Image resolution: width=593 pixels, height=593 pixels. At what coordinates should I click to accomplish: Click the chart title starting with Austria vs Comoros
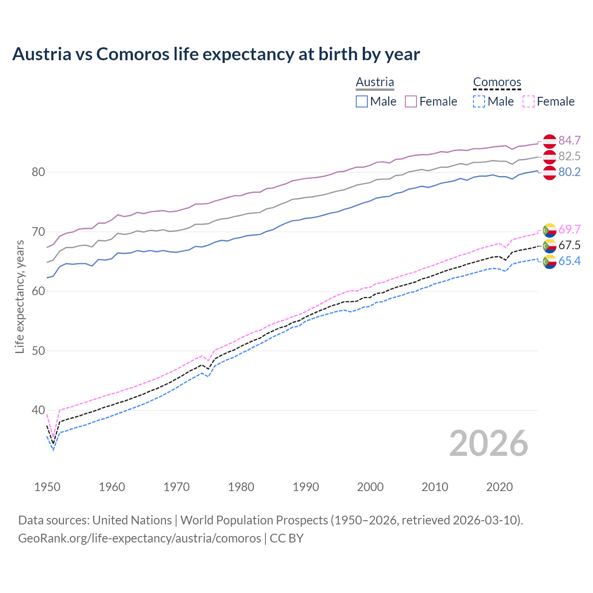coord(216,54)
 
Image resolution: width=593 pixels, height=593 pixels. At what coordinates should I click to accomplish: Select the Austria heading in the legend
coord(375,82)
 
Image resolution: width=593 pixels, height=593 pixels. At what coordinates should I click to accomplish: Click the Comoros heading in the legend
coord(497,82)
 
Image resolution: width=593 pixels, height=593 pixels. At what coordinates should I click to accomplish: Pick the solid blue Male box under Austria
coord(362,101)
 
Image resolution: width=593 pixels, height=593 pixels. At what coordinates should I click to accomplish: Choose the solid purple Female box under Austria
coord(411,101)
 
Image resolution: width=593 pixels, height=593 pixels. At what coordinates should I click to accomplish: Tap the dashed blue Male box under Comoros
coord(479,101)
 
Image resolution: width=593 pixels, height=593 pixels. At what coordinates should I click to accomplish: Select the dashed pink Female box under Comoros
coord(529,101)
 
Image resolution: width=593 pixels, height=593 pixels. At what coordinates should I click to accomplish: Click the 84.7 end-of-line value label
coord(569,140)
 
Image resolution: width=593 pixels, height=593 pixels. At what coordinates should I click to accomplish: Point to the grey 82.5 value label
coord(569,156)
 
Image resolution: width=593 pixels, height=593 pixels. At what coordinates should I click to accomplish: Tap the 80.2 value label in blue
coord(569,172)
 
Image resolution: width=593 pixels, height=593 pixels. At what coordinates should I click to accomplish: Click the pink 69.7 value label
coord(569,229)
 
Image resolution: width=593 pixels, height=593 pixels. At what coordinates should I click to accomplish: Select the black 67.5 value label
coord(569,245)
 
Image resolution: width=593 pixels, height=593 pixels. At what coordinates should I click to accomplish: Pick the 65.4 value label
coord(569,261)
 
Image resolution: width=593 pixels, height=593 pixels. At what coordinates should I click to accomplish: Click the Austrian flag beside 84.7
coord(549,141)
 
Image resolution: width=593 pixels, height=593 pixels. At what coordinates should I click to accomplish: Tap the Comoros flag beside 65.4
coord(549,262)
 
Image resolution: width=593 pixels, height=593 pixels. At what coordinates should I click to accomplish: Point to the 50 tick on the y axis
coord(38,351)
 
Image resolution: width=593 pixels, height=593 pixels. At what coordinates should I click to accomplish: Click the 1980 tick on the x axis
coord(241,487)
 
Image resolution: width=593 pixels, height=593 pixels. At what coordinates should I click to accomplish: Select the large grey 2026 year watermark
coord(489,443)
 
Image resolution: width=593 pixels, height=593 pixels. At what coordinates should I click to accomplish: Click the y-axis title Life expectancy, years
coord(20,297)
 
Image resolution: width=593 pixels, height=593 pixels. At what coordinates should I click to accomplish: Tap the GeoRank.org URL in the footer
coord(139,538)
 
